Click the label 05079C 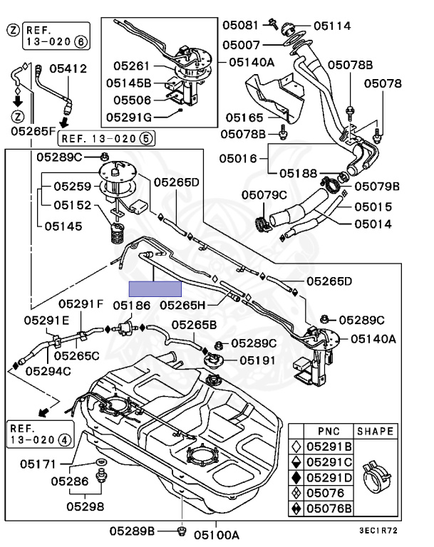coord(264,194)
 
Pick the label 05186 coord(130,305)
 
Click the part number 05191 coord(257,360)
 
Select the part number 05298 coord(86,507)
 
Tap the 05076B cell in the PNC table coord(329,509)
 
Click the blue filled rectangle coord(155,288)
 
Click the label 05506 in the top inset coord(132,100)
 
